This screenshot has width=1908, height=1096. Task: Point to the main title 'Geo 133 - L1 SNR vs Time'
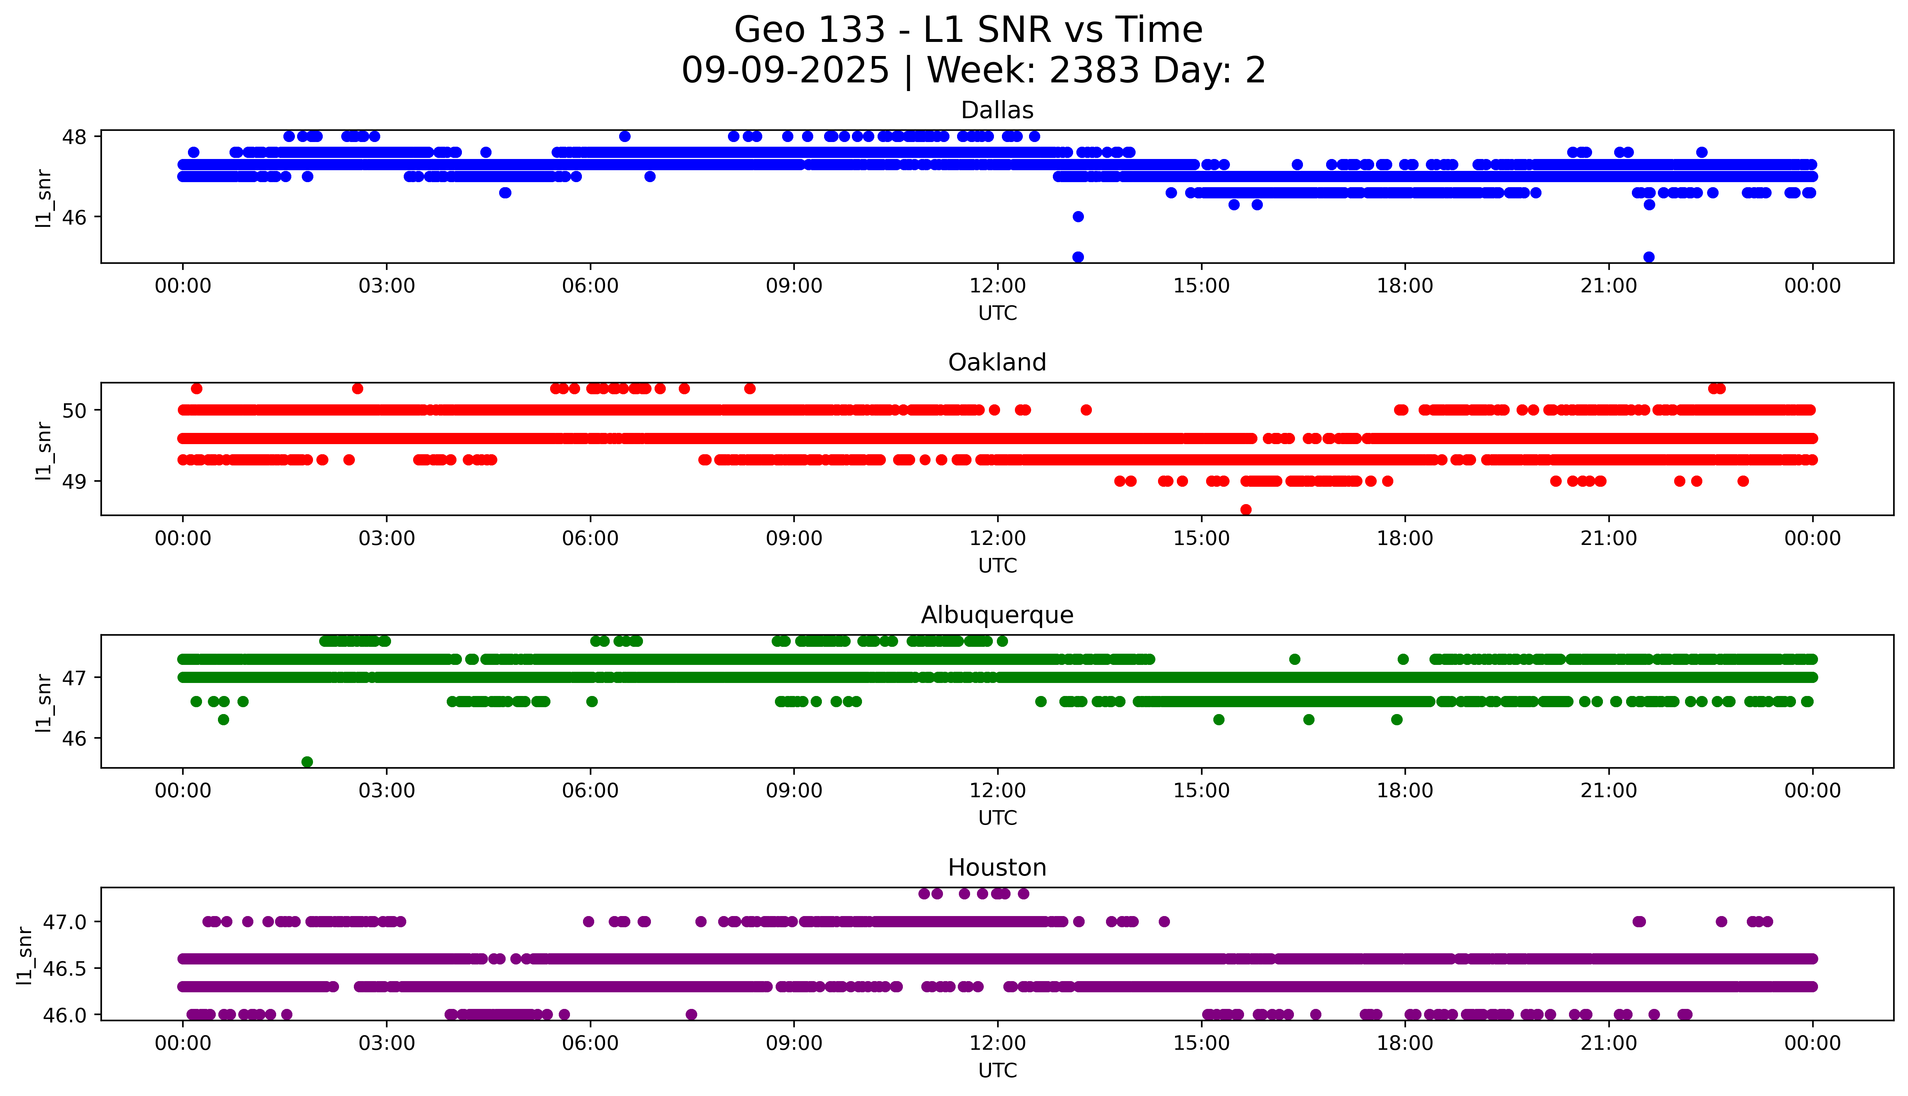[968, 30]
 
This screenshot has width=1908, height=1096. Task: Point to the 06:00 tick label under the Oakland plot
[590, 538]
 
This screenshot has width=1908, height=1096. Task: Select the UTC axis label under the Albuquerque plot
[997, 817]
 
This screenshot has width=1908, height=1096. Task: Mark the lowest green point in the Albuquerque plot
[307, 762]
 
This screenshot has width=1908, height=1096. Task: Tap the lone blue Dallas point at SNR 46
[1078, 217]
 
